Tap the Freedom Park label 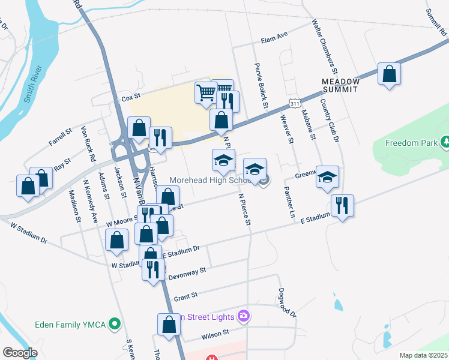(410, 143)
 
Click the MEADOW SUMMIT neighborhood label (340, 85)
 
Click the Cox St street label (130, 97)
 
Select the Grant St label (185, 296)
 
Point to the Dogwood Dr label (288, 304)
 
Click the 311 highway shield (294, 103)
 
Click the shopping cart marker (206, 93)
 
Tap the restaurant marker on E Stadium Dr (342, 206)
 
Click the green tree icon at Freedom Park (445, 142)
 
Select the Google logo (20, 352)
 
